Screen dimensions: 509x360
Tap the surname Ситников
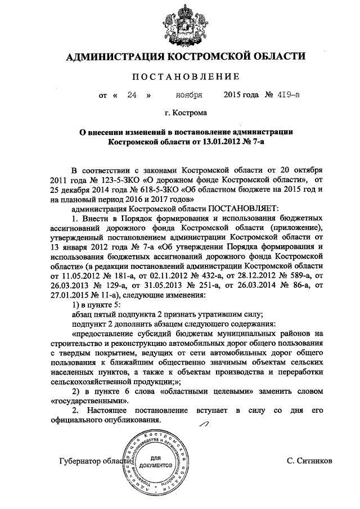(x=309, y=461)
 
